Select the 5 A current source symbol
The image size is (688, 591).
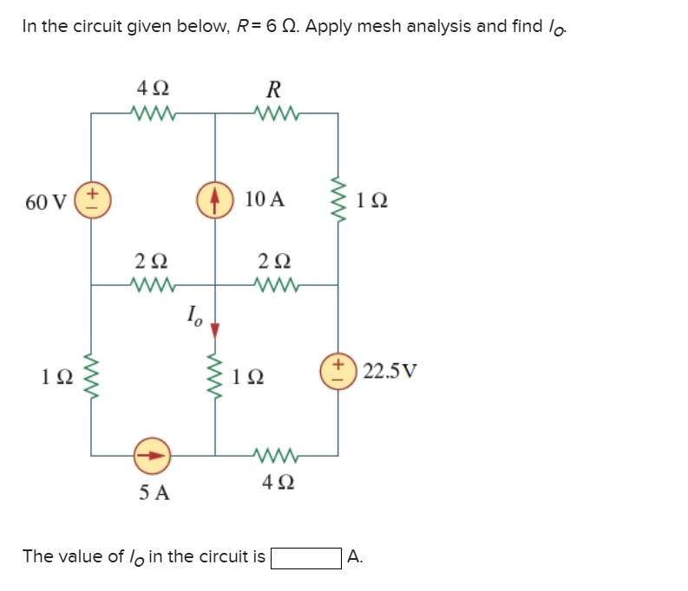[154, 453]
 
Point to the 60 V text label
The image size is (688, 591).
[45, 202]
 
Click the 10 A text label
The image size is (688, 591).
[264, 199]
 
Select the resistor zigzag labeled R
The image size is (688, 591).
[276, 111]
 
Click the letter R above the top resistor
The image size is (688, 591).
[274, 88]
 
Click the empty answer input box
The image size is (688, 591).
[305, 557]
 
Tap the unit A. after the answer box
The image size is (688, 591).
[354, 557]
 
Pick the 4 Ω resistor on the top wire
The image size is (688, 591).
[154, 111]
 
